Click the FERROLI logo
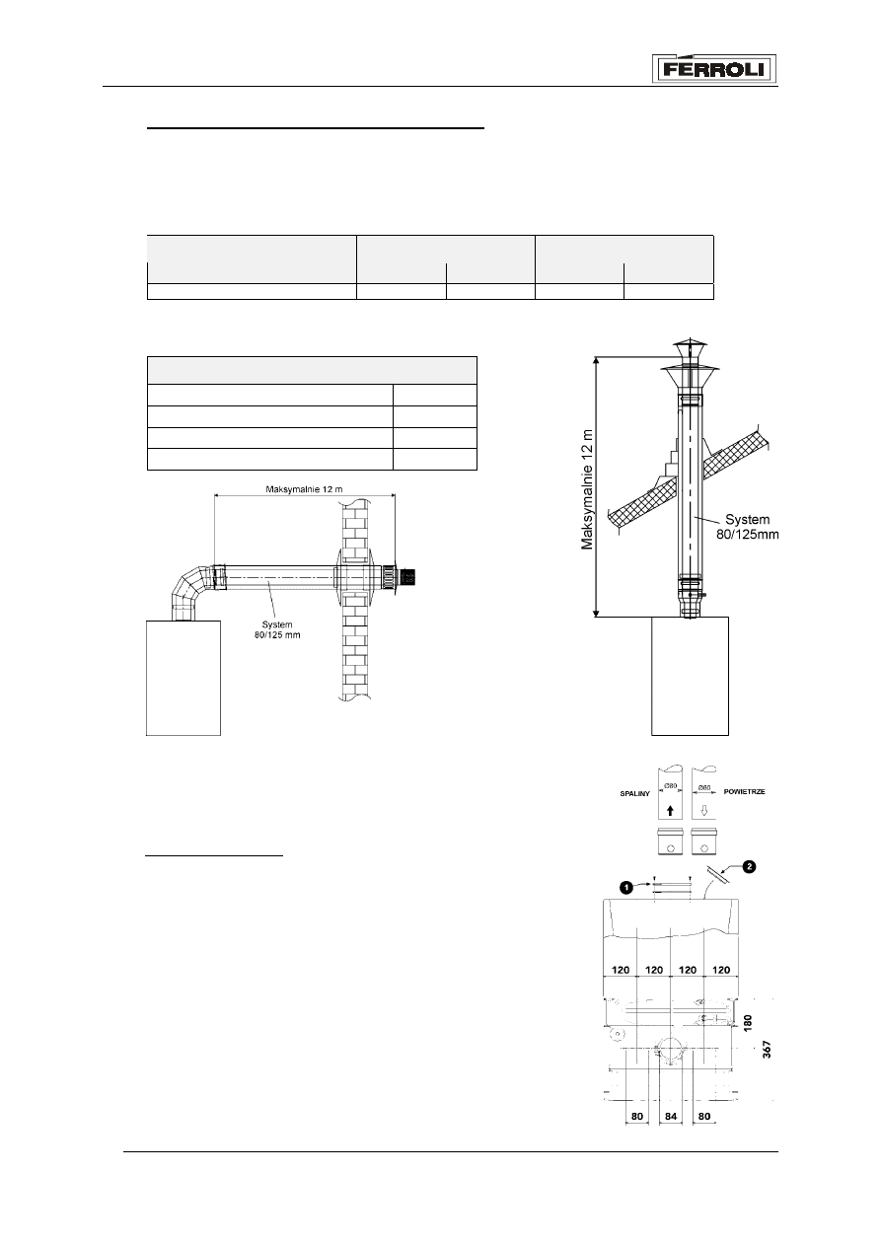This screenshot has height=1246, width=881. pyautogui.click(x=713, y=69)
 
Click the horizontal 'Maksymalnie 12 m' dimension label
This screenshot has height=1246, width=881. pyautogui.click(x=304, y=489)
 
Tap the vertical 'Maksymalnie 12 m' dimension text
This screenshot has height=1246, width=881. pyautogui.click(x=587, y=488)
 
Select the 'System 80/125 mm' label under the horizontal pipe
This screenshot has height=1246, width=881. pyautogui.click(x=277, y=629)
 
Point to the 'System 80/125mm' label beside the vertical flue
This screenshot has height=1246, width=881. pyautogui.click(x=748, y=527)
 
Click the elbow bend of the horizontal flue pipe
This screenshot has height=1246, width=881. pyautogui.click(x=190, y=592)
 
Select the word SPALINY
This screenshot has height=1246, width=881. pyautogui.click(x=634, y=794)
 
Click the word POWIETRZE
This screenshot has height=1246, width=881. pyautogui.click(x=744, y=791)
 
